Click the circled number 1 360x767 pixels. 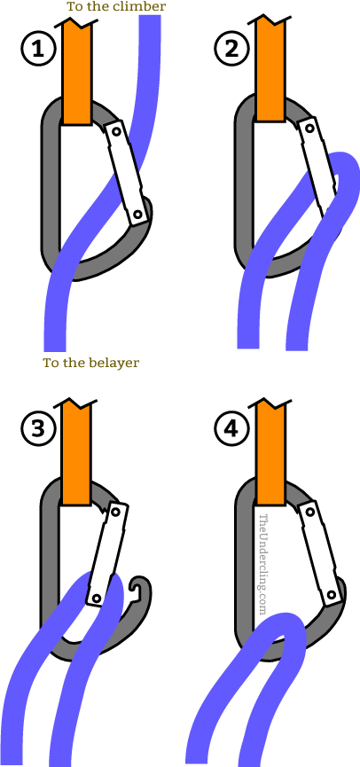click(x=37, y=51)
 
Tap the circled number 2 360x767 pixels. click(x=232, y=51)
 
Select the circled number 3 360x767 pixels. click(x=37, y=429)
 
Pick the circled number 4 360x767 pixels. click(x=232, y=429)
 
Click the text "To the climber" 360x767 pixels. click(x=115, y=7)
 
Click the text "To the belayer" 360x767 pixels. click(x=91, y=363)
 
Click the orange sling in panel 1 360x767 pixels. click(x=78, y=71)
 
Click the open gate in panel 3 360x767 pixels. click(x=107, y=554)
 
